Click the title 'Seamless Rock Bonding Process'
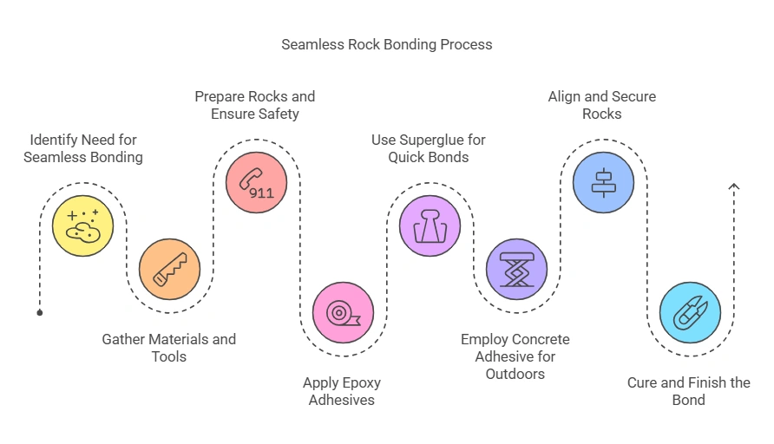(x=386, y=44)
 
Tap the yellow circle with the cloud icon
(x=82, y=225)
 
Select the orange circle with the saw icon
(x=169, y=269)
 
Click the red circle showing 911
(x=256, y=183)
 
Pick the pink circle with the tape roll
(x=343, y=312)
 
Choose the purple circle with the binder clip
(x=430, y=225)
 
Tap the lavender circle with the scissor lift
(x=516, y=269)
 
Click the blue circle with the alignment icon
(x=603, y=183)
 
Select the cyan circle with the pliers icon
(x=690, y=312)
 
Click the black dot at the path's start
(x=40, y=312)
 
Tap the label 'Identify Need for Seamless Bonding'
(x=83, y=148)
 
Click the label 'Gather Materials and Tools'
(x=169, y=348)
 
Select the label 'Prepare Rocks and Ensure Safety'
(x=255, y=105)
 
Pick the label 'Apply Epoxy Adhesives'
(x=342, y=391)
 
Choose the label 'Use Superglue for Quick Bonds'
(x=429, y=148)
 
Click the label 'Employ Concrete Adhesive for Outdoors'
(x=515, y=356)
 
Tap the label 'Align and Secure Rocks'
(x=602, y=105)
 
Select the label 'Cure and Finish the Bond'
(x=689, y=391)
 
